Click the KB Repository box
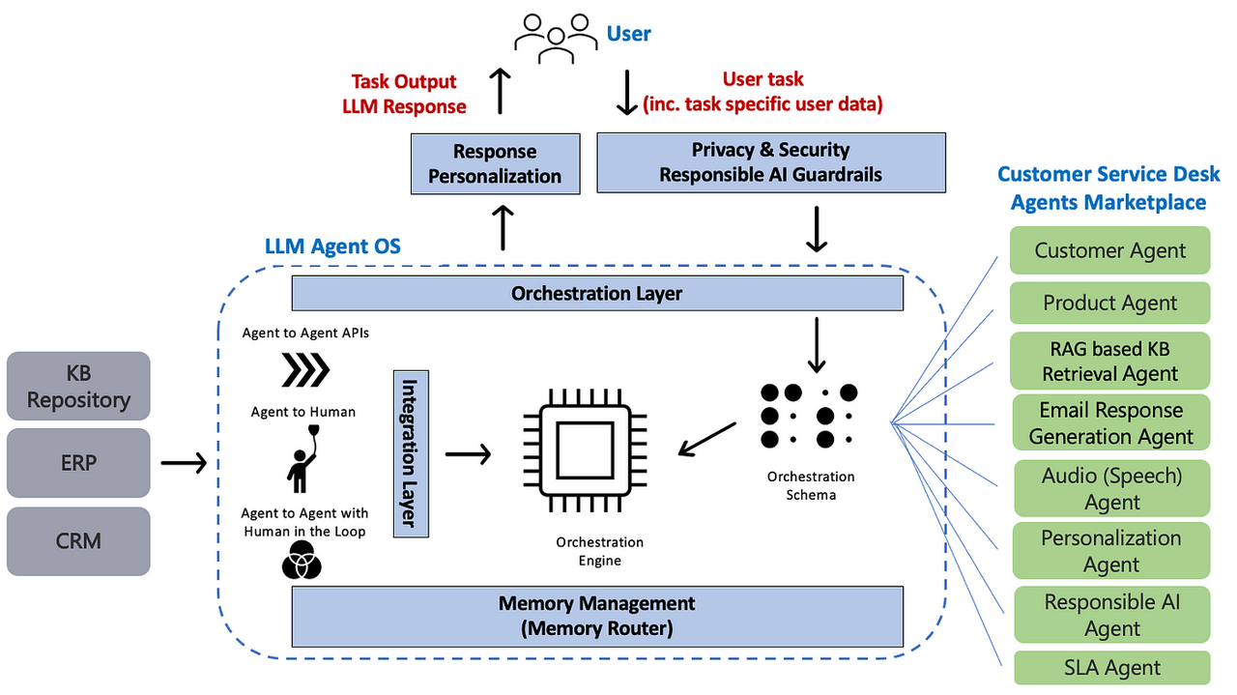(x=78, y=386)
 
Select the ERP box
(x=78, y=463)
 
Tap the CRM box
(x=78, y=540)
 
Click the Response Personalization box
(x=495, y=163)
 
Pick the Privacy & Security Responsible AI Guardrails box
(x=770, y=162)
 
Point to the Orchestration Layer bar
(x=597, y=293)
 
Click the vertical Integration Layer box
(x=411, y=452)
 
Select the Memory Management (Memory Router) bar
(x=597, y=616)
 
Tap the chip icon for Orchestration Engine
(x=585, y=451)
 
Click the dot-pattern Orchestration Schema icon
(x=809, y=416)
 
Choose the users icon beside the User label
(x=554, y=37)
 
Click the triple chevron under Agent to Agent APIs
(x=305, y=369)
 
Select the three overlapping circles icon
(x=302, y=561)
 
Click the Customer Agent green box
(x=1109, y=250)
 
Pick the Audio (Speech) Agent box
(x=1111, y=488)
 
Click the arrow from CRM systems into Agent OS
(x=184, y=464)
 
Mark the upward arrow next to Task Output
(x=500, y=92)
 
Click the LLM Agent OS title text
(x=332, y=246)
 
